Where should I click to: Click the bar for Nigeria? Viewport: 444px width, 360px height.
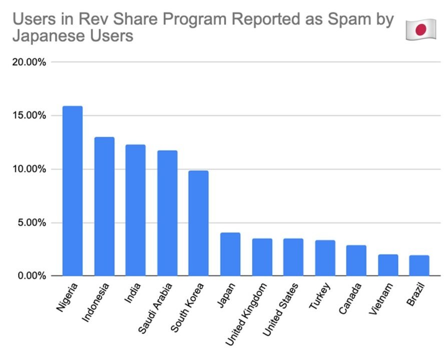point(73,190)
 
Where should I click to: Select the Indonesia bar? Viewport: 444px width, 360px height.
point(104,206)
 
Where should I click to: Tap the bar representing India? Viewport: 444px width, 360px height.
point(136,210)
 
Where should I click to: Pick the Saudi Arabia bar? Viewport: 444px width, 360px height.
point(167,213)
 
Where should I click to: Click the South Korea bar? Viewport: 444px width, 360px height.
point(198,223)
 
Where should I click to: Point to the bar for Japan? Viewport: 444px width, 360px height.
point(230,254)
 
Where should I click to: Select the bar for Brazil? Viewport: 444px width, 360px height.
point(419,265)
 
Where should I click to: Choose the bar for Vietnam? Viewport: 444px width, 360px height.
point(388,265)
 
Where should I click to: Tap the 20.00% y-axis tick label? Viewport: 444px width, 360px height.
point(30,62)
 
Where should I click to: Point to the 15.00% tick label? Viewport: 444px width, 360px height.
point(30,115)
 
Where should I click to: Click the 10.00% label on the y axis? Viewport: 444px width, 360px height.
point(30,169)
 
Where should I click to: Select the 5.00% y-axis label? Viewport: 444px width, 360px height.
point(32,222)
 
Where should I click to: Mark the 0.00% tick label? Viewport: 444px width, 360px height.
point(32,276)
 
